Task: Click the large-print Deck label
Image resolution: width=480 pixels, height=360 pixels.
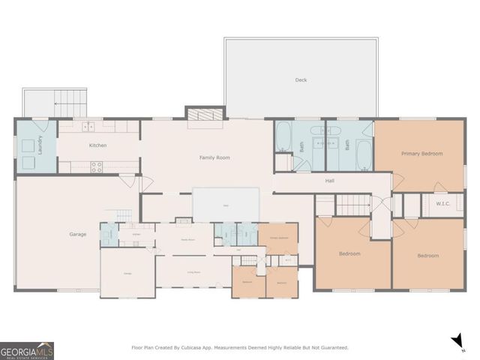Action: [x=301, y=79]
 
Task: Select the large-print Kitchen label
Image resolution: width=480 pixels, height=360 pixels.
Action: [x=98, y=145]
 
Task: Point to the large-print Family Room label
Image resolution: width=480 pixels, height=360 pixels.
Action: [x=214, y=157]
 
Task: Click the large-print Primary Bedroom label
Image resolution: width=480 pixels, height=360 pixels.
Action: [x=421, y=153]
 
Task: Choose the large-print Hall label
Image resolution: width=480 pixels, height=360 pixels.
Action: [x=329, y=181]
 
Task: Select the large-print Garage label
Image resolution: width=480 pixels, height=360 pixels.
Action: [x=78, y=234]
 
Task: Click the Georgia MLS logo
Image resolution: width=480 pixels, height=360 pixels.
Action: [x=27, y=350]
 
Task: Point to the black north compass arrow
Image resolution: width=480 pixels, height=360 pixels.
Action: [x=457, y=342]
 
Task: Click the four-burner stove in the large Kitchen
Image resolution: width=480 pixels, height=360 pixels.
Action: [x=97, y=167]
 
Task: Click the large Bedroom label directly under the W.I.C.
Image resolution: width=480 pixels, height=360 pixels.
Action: [x=427, y=255]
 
